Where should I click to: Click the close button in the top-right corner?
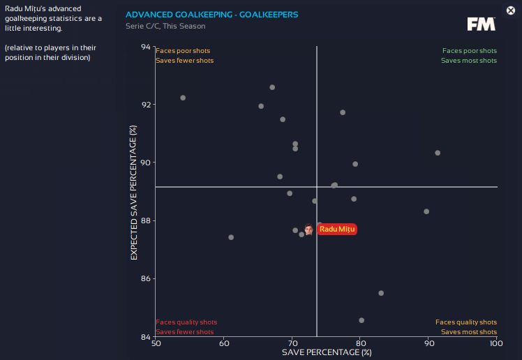pos(511,10)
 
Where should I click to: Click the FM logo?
pos(482,24)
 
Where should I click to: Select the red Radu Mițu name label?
pos(338,229)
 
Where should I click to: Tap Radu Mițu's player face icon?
pos(308,229)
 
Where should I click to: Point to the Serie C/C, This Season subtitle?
pos(165,26)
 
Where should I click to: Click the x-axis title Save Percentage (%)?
pos(326,352)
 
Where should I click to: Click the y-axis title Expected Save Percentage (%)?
pos(133,193)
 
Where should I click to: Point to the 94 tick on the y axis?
pos(145,47)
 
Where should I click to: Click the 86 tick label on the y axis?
pos(145,278)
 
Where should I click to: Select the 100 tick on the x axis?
pos(495,343)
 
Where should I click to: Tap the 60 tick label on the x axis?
pos(224,343)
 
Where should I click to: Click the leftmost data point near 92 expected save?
pos(183,98)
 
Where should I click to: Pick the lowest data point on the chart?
pos(361,320)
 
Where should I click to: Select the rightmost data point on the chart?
pos(438,153)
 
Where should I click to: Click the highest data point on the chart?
pos(272,87)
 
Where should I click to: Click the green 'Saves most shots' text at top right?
pos(468,61)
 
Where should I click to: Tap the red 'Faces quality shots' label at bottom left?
pos(186,322)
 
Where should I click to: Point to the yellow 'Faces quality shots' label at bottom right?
pos(466,322)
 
